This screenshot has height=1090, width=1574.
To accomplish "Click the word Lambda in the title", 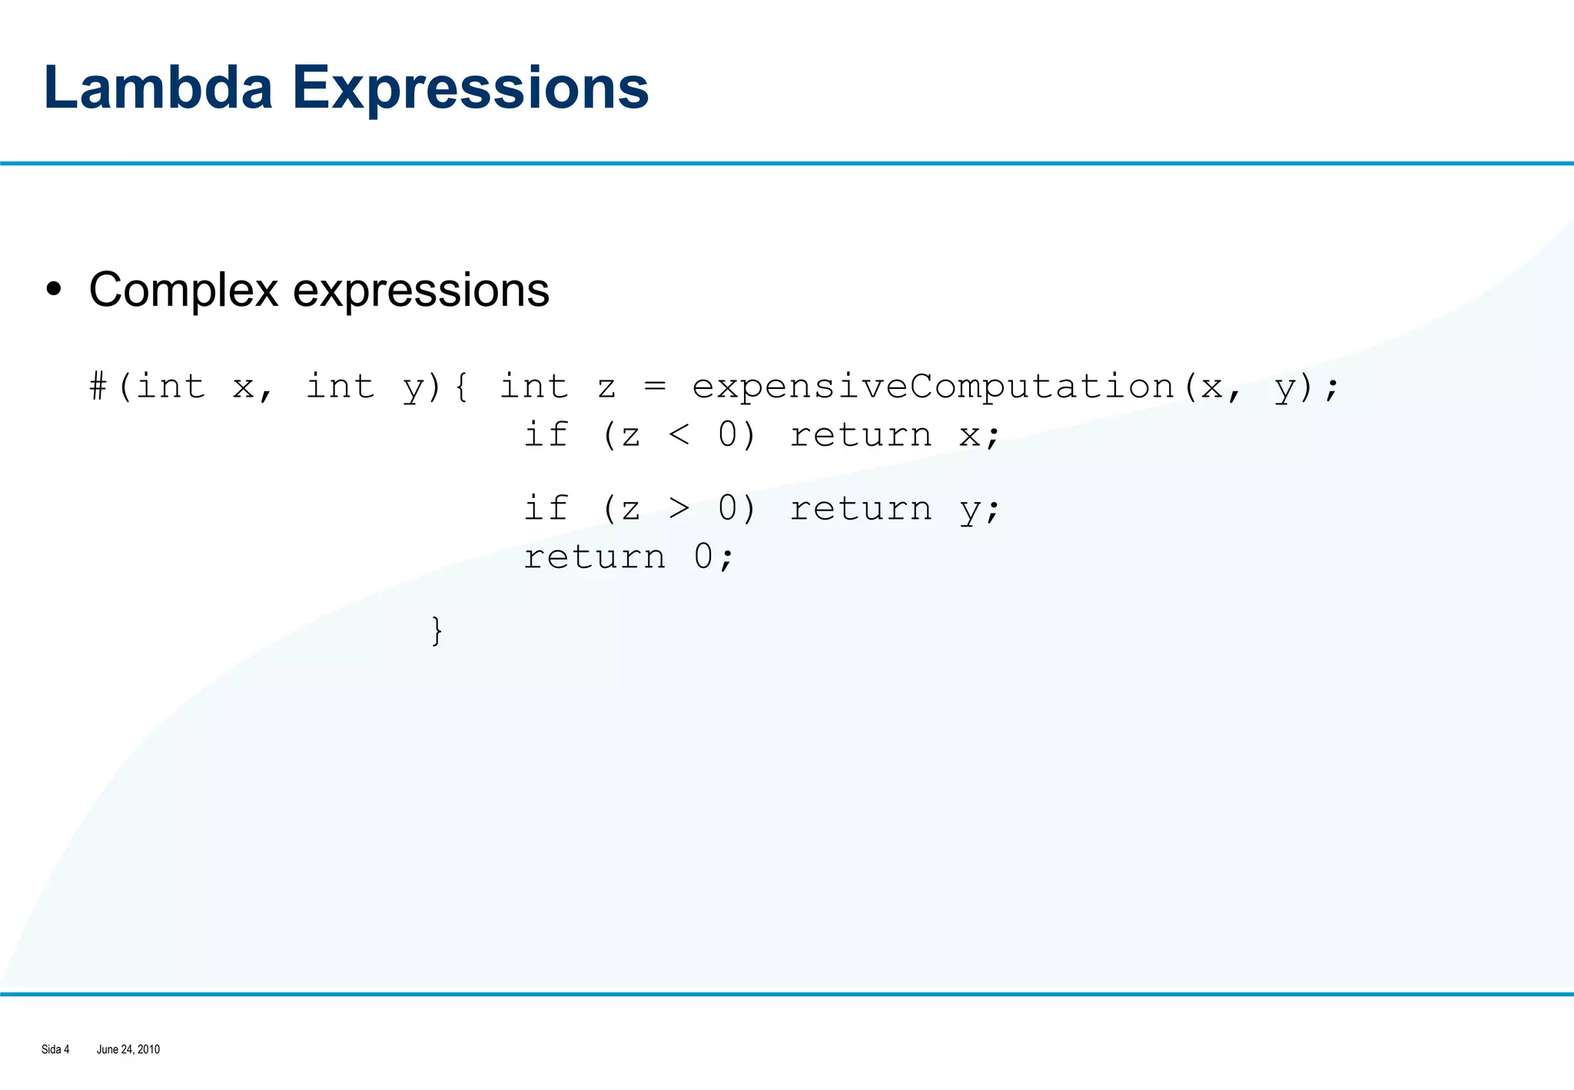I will coord(158,88).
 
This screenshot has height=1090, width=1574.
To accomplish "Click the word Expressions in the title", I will coord(470,88).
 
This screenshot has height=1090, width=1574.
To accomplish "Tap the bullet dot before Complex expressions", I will coord(53,290).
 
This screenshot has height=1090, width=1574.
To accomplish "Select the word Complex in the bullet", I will coord(183,291).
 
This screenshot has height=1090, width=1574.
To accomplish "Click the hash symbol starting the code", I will coord(98,386).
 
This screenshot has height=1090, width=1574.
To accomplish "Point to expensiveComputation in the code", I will coord(933,387).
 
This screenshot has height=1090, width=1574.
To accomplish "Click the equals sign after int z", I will coord(655,386).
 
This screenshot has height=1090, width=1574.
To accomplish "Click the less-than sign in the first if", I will coord(679,435).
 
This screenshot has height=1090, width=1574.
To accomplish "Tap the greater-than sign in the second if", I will coord(679,508).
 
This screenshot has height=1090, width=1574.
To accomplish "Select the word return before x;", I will coord(861,435).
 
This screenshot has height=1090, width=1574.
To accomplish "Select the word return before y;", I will coord(861,508).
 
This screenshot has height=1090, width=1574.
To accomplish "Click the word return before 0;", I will coord(594,557).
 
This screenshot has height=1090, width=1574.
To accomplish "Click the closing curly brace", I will coord(437,630).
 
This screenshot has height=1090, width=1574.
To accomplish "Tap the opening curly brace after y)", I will coord(461,386).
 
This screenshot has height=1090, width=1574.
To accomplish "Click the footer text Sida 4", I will coord(55,1049).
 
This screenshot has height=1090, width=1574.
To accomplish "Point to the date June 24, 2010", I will coord(128,1049).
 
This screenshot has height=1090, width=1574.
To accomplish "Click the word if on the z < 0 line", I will coord(546,434).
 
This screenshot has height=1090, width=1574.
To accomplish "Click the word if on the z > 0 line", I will coord(546,507).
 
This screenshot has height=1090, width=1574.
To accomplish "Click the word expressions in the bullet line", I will coord(421,291).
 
